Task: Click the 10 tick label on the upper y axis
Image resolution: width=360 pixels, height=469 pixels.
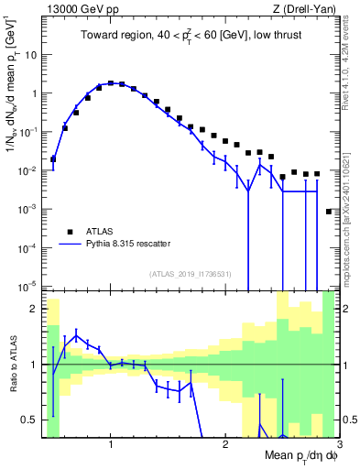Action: (x=32, y=54)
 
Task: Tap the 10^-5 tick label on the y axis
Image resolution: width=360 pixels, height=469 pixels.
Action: (x=29, y=287)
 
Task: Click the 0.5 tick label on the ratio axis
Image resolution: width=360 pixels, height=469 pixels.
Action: (x=29, y=420)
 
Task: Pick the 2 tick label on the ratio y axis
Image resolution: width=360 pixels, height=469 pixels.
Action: (x=35, y=309)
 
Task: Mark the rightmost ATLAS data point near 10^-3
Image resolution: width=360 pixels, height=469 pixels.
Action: (x=329, y=212)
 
